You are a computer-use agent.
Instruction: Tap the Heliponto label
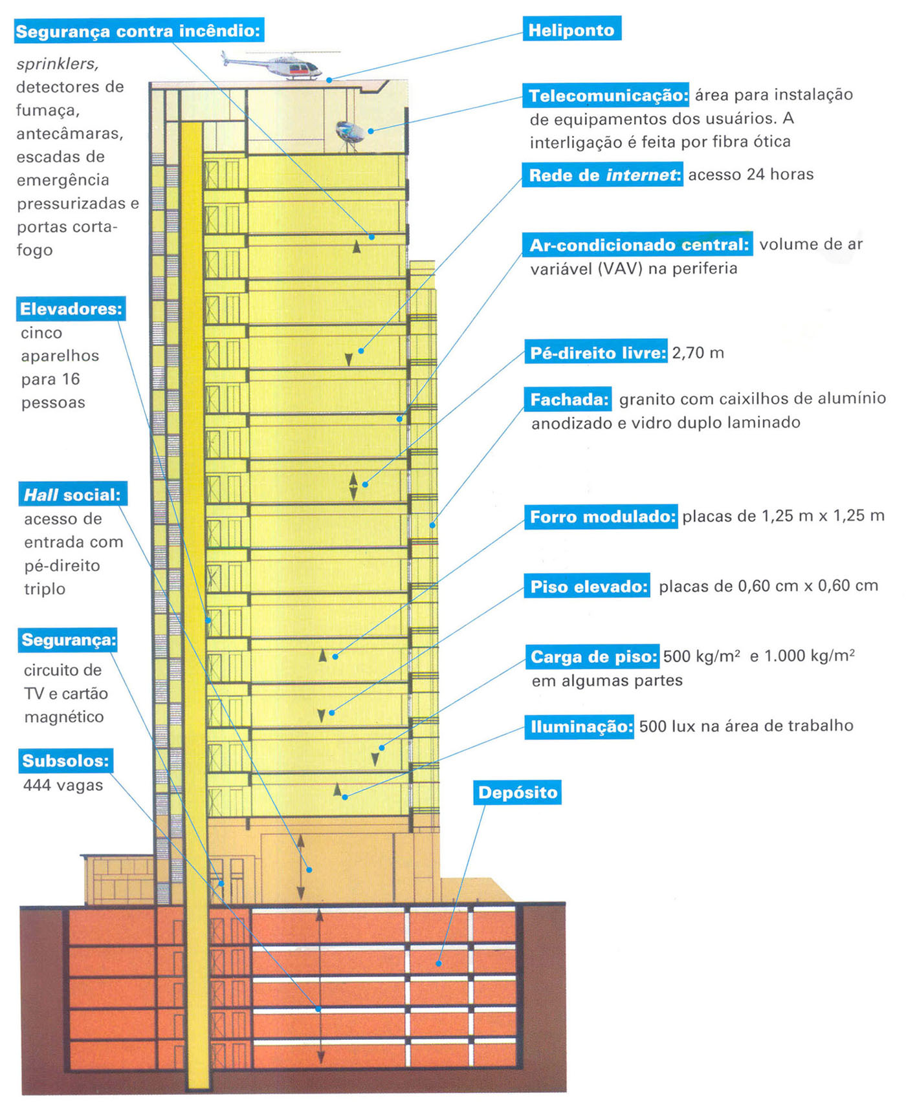point(571,30)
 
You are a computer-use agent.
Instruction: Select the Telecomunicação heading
point(607,96)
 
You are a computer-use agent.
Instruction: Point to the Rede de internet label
point(603,175)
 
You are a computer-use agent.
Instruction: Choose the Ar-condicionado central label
point(637,245)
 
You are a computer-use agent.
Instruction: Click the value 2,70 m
point(698,353)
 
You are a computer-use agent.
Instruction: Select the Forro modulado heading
point(601,517)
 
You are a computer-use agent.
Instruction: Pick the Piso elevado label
point(588,587)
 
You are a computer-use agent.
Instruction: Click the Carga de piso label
point(592,657)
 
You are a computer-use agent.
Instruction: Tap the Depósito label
point(518,793)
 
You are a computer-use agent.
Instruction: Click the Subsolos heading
point(65,760)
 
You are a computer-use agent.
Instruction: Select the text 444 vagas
point(63,786)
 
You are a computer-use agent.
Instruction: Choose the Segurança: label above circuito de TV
point(68,640)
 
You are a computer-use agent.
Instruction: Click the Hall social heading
point(72,495)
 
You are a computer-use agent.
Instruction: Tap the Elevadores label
point(71,309)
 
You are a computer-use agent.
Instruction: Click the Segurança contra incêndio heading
point(138,31)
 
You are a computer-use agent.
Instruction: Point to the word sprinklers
point(57,65)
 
